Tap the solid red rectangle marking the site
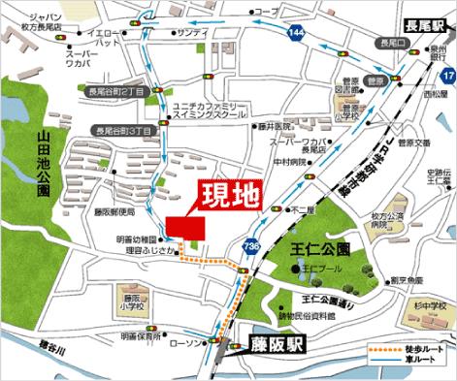tap(186, 226)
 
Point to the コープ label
tap(263, 12)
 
